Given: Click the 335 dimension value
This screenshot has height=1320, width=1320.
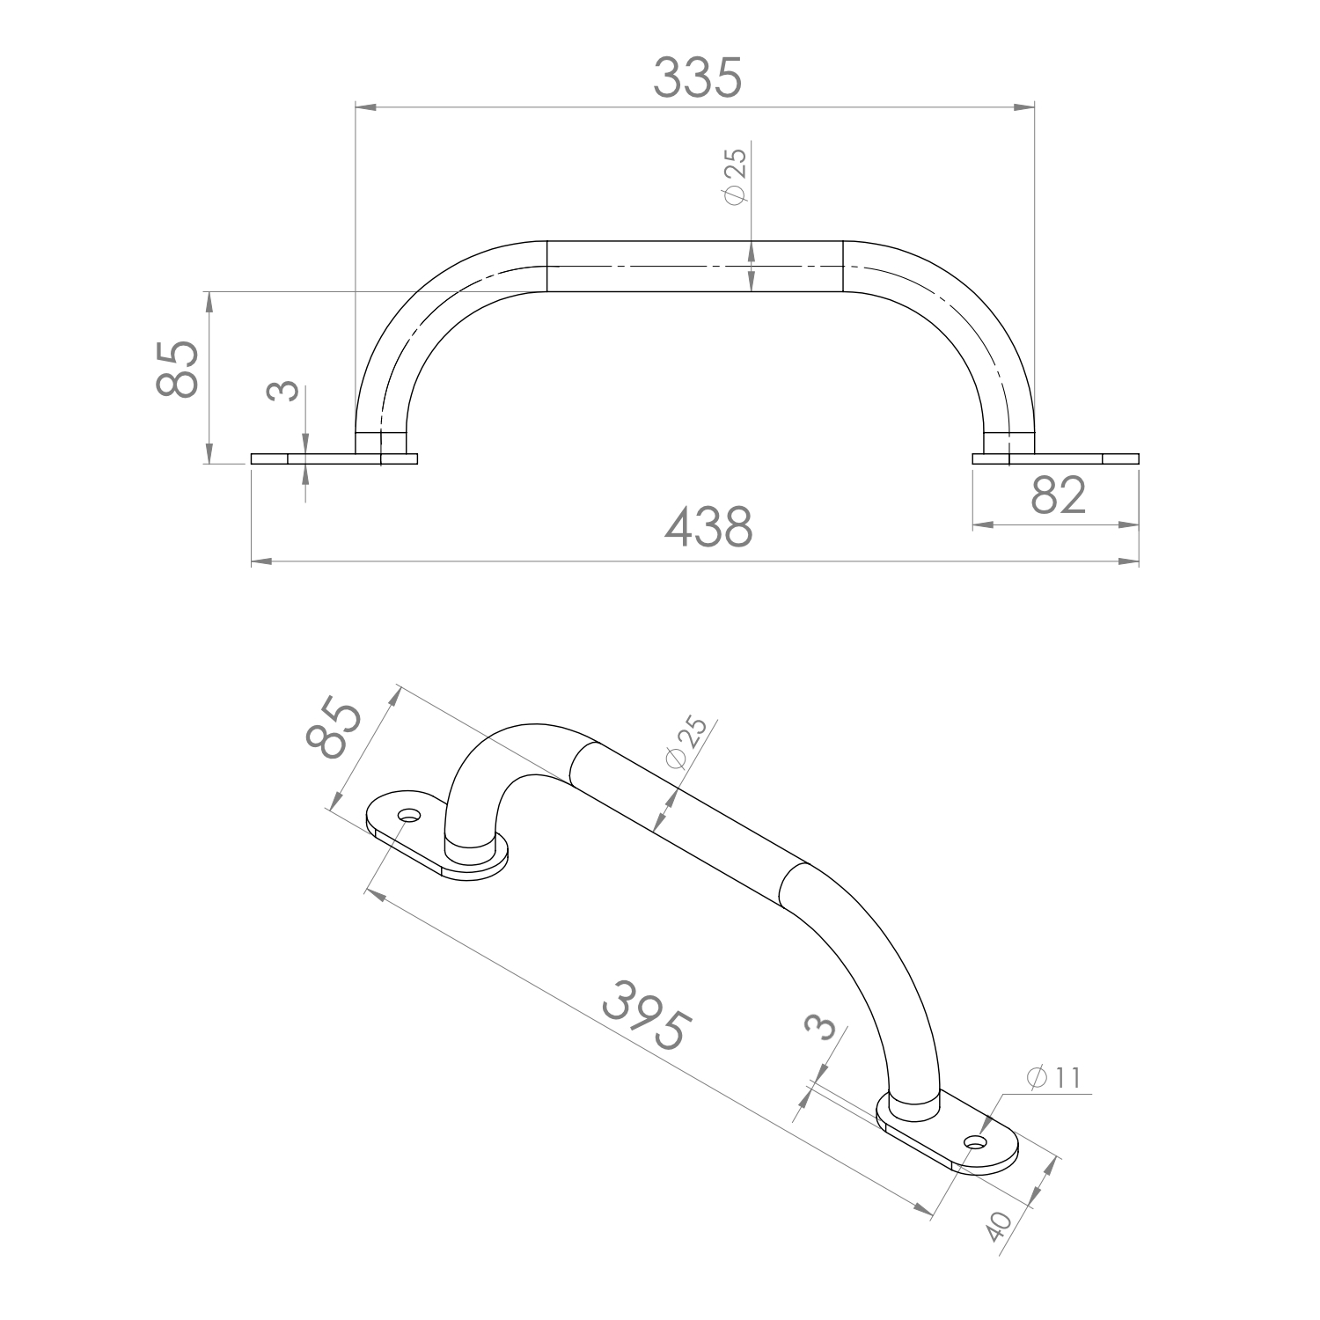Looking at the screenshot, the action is [698, 77].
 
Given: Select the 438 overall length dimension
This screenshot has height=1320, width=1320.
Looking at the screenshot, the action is [708, 529].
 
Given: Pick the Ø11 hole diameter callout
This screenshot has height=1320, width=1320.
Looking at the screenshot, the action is [1052, 1078].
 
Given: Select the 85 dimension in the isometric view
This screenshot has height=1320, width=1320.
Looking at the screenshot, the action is [333, 730].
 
